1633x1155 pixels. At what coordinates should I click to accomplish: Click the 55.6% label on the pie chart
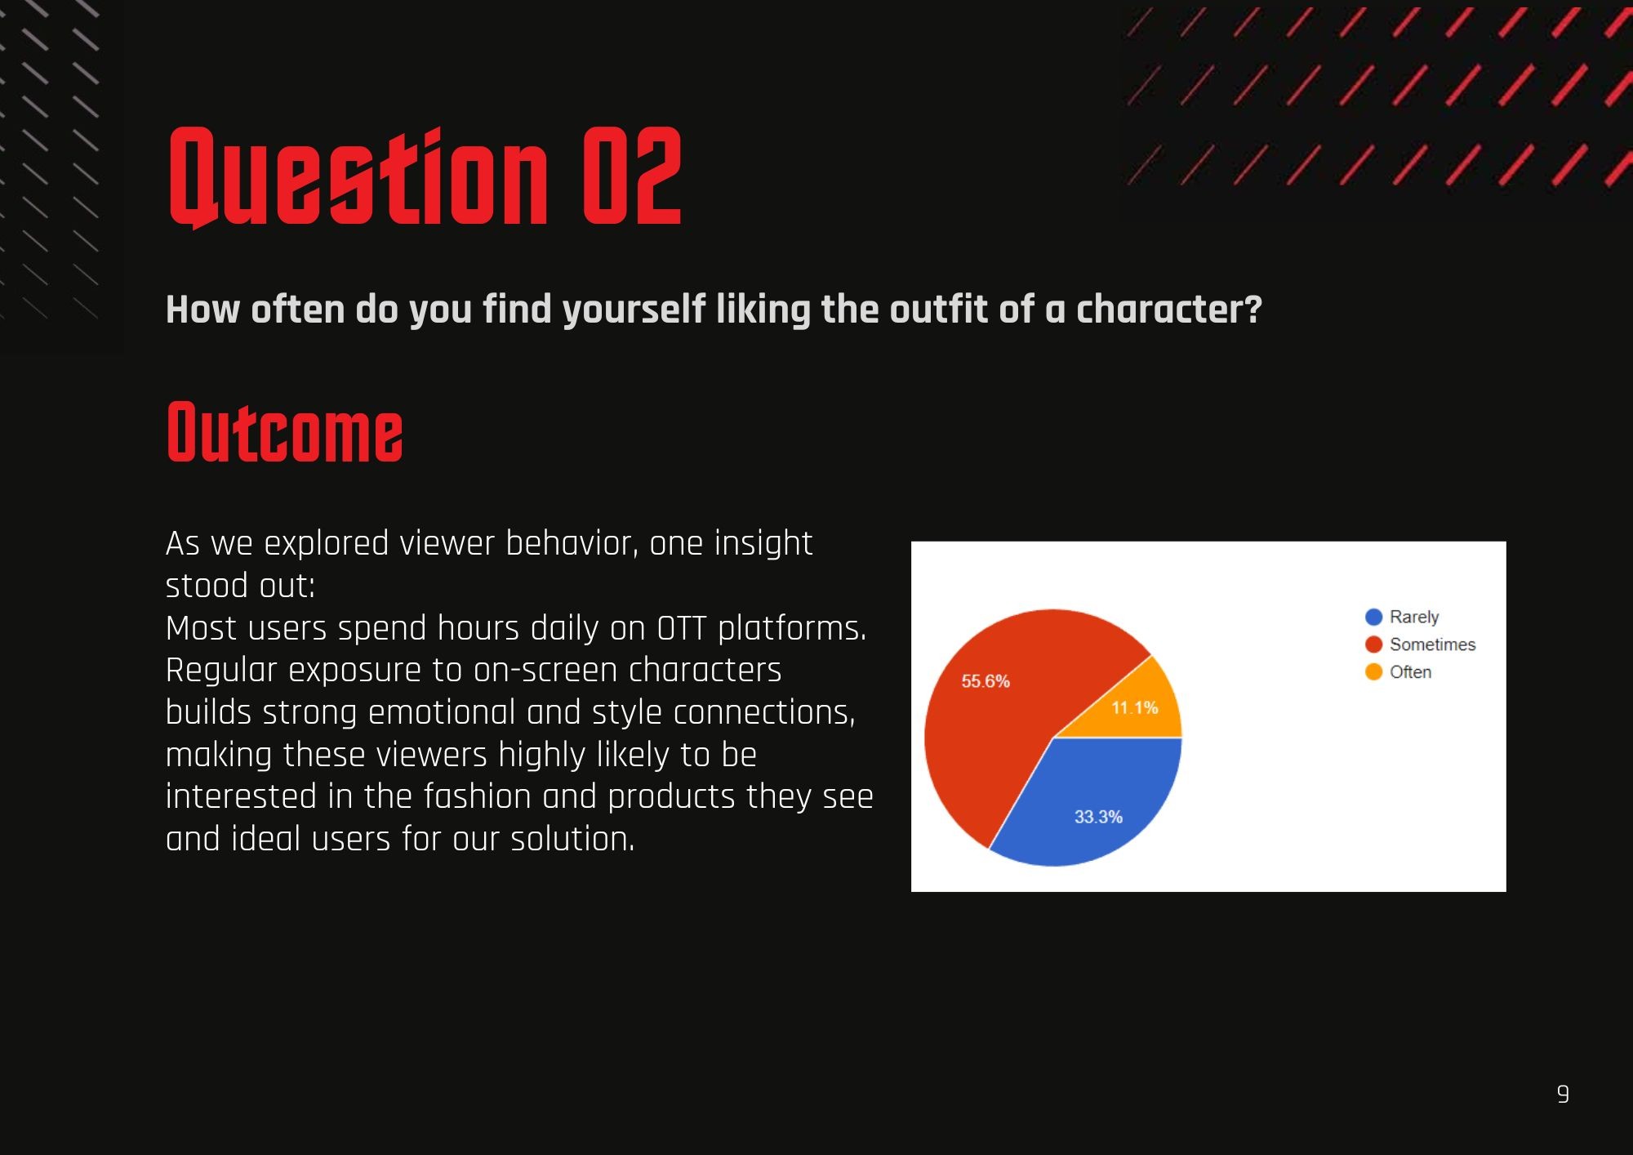pos(986,681)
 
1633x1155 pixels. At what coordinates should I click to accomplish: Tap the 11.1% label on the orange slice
pos(1135,707)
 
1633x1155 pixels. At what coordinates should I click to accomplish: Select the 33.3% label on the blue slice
pos(1098,817)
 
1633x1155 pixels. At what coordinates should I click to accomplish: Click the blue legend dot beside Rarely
pos(1373,617)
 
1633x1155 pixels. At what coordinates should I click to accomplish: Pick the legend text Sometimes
pos(1433,644)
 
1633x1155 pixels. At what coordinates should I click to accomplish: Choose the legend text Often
pos(1411,672)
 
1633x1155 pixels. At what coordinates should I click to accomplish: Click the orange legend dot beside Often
pos(1373,672)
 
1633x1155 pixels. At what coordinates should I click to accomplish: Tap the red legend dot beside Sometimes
pos(1373,644)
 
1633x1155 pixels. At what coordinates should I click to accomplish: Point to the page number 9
pos(1563,1094)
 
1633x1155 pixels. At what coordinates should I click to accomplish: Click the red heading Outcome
pos(285,432)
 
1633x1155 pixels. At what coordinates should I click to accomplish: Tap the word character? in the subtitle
pos(1169,310)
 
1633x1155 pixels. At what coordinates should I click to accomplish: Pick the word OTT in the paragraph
pos(682,628)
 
